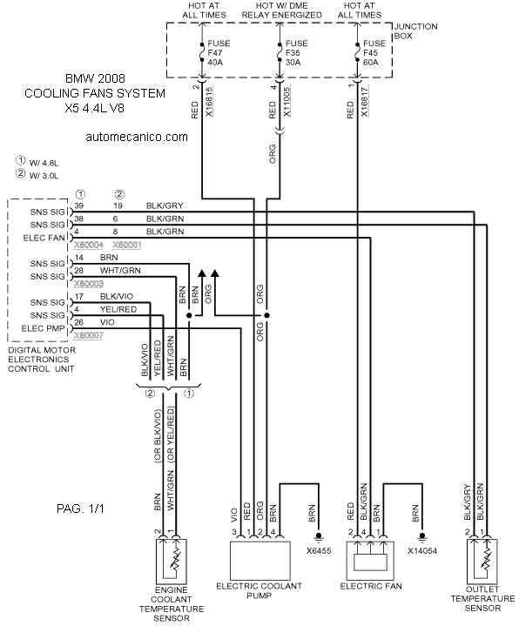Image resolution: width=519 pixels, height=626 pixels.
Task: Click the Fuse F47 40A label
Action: tap(219, 53)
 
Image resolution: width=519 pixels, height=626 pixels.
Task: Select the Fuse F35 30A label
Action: tap(296, 53)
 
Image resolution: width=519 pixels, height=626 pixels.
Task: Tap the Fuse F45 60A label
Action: tap(374, 53)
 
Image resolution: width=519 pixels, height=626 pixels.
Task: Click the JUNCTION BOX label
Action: tap(415, 31)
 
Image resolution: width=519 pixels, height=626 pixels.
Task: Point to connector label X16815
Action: tap(209, 101)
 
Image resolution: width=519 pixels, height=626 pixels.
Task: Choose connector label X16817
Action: tap(365, 101)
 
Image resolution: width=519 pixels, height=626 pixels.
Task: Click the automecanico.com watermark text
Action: tap(137, 137)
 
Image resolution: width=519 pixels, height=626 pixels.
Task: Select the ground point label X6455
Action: tap(319, 551)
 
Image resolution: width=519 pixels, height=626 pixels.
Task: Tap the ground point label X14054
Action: tap(422, 551)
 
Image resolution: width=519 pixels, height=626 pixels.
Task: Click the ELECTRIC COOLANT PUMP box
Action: tap(259, 560)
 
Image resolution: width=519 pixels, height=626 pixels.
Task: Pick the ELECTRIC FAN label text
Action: tap(371, 586)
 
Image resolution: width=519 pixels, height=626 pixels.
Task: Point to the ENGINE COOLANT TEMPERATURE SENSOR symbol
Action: tap(171, 561)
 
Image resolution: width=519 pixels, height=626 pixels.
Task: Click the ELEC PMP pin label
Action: tap(43, 328)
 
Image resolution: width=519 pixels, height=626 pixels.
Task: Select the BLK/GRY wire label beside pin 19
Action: tap(165, 206)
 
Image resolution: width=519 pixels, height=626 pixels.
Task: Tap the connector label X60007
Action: tap(89, 336)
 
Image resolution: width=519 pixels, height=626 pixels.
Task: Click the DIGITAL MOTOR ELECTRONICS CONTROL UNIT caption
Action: tap(42, 360)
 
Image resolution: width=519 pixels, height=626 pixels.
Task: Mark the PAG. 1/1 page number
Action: tap(80, 508)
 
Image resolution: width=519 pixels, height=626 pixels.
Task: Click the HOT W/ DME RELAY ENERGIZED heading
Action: tap(282, 10)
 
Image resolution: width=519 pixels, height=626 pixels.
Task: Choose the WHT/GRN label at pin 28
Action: tap(120, 271)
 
